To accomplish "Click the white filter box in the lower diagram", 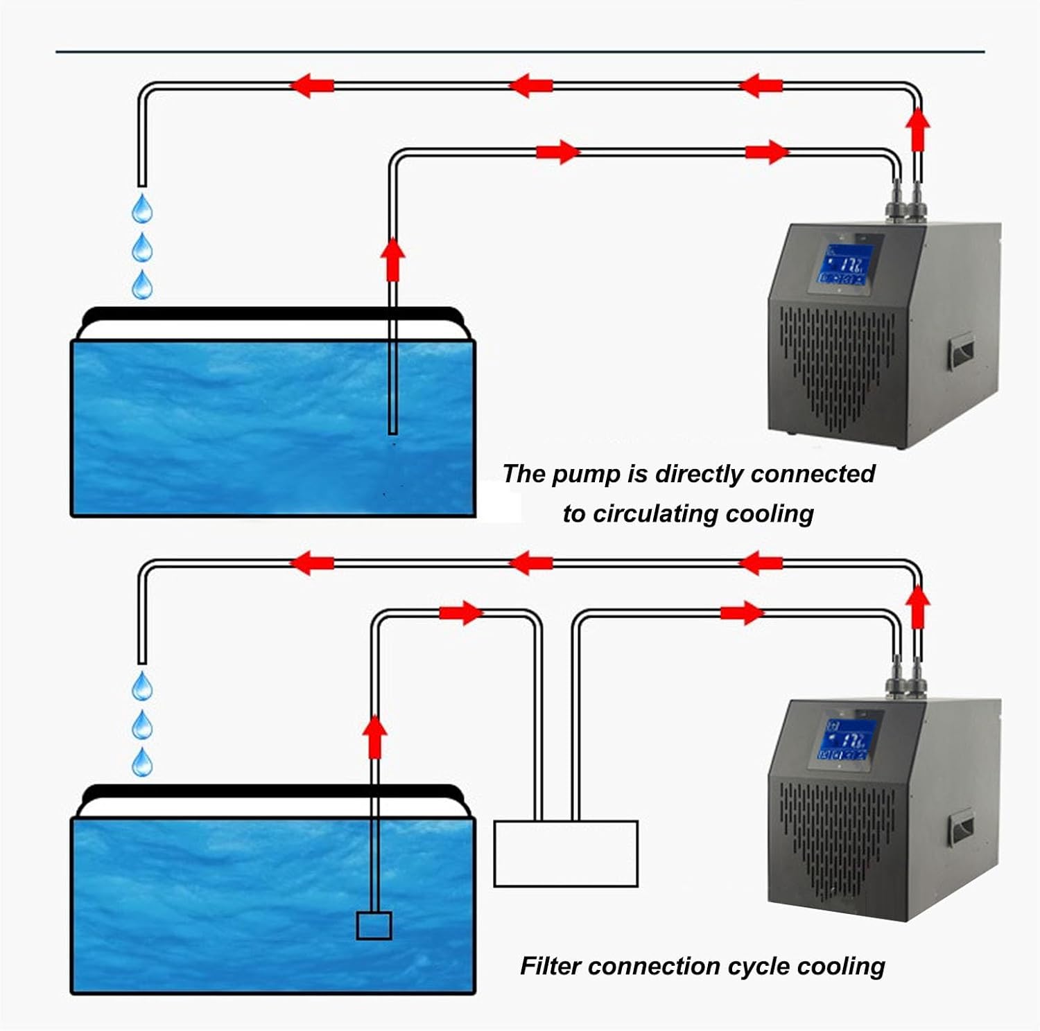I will point(565,854).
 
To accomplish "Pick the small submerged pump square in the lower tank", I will point(374,925).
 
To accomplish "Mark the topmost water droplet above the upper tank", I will point(142,209).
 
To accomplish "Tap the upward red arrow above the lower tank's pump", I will point(374,736).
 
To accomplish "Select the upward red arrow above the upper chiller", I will point(918,127).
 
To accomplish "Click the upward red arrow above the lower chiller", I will point(918,605).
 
